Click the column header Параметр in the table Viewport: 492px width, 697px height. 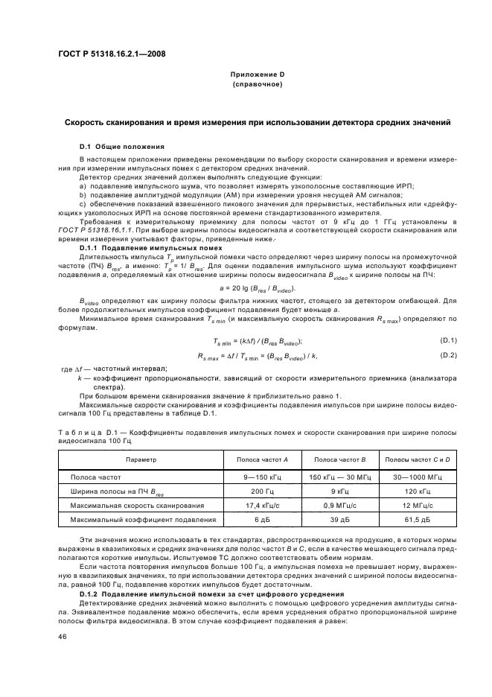pyautogui.click(x=141, y=459)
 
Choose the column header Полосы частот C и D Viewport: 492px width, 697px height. pyautogui.click(x=413, y=459)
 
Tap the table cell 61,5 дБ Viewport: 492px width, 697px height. pyautogui.click(x=413, y=519)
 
